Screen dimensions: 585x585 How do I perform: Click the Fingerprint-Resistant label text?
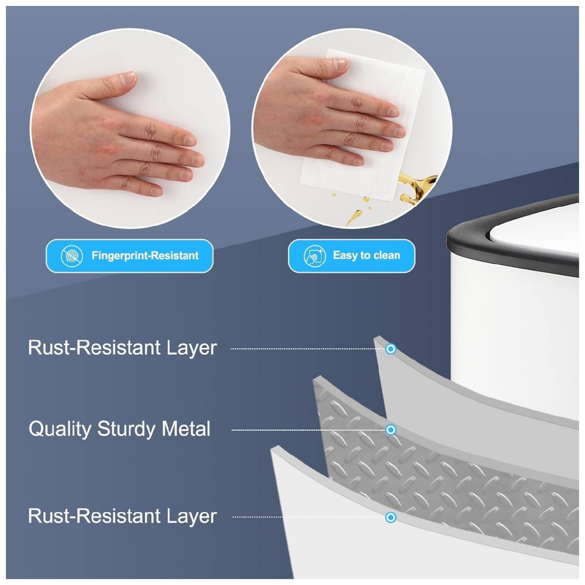coord(145,256)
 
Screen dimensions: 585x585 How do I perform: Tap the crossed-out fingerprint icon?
coord(72,256)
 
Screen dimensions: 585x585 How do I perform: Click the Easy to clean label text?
coord(366,255)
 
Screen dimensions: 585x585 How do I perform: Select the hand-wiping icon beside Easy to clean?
coord(314,256)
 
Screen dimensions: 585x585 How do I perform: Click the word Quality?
coord(60,429)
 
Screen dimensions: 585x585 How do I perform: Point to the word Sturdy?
coord(126,429)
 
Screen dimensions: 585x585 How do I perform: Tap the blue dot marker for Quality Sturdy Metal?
coord(391,430)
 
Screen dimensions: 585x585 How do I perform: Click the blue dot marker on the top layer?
coord(391,349)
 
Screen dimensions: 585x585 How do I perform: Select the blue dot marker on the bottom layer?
coord(391,517)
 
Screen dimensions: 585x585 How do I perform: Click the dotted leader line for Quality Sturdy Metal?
coord(308,430)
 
